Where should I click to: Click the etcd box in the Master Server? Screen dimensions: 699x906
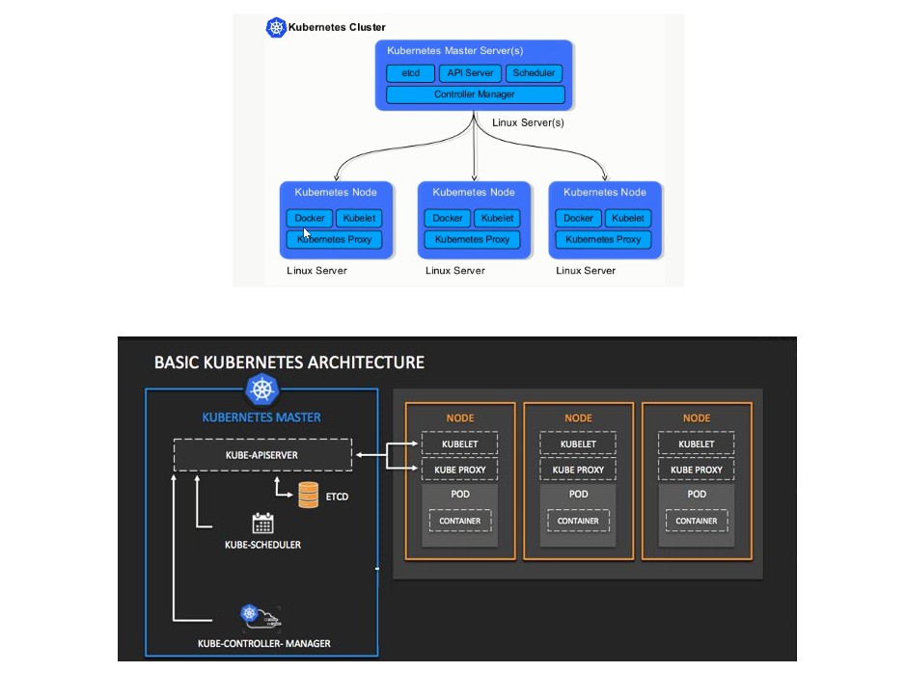(x=410, y=73)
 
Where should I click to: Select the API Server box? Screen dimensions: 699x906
(x=470, y=73)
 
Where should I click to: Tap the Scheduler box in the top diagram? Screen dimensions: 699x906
(x=533, y=73)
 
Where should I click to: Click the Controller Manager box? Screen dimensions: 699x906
(x=475, y=94)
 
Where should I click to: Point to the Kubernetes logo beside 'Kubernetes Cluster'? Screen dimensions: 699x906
(x=276, y=28)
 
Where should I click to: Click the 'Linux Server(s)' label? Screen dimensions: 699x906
(x=528, y=122)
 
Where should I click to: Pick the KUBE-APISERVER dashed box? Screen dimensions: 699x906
(x=262, y=454)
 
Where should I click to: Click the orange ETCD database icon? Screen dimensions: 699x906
(x=309, y=496)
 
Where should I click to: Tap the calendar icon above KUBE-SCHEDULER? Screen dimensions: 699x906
(x=262, y=524)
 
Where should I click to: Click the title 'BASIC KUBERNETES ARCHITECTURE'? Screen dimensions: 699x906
(x=289, y=363)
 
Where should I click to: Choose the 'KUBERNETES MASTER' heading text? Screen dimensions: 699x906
(x=261, y=417)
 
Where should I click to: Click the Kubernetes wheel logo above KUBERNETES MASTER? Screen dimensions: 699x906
(x=261, y=390)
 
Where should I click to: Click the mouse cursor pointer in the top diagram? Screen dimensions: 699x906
(x=307, y=232)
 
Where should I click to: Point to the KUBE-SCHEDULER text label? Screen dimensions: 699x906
(x=262, y=545)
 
